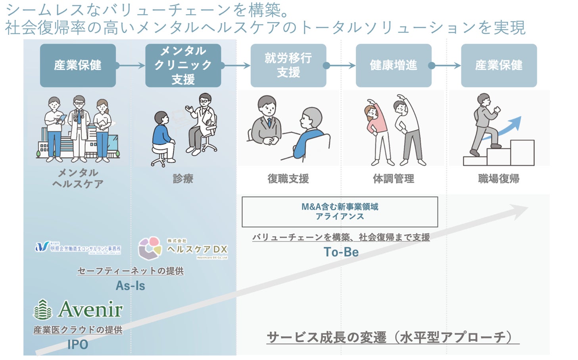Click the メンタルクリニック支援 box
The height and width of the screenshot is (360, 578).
tap(183, 65)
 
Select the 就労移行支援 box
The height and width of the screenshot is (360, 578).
tap(288, 65)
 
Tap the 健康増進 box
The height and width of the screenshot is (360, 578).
tap(393, 65)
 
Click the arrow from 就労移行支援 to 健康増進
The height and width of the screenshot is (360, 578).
tap(340, 65)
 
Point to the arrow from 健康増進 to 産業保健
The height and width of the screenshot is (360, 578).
tap(446, 65)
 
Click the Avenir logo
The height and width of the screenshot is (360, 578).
tap(78, 309)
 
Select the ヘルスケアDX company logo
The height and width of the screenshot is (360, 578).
tap(183, 248)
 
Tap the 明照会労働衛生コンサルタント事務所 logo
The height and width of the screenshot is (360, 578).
tap(78, 248)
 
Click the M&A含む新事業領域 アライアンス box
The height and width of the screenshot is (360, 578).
tap(340, 212)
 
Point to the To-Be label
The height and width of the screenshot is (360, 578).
tap(341, 252)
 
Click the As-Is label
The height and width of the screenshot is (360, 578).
tap(130, 286)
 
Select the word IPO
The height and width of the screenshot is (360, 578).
tap(78, 345)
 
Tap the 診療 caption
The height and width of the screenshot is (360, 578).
tap(183, 179)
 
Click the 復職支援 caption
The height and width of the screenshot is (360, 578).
tap(288, 179)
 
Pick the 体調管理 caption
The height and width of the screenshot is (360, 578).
tap(393, 179)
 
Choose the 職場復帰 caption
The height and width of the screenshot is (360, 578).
tap(499, 179)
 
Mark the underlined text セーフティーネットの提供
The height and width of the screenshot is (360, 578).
tap(130, 271)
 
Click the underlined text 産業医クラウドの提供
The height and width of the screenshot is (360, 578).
tap(78, 330)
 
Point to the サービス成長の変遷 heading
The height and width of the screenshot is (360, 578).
tap(393, 337)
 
